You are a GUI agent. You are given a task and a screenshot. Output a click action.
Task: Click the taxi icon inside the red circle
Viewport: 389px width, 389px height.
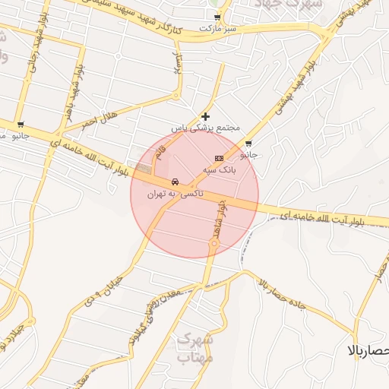click(x=176, y=182)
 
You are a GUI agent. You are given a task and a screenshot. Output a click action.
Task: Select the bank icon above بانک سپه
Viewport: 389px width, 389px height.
click(x=219, y=158)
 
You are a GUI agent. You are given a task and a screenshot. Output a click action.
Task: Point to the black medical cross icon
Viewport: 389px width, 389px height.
click(x=205, y=116)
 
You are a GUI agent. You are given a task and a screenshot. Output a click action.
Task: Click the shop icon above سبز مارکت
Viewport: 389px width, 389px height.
click(x=218, y=17)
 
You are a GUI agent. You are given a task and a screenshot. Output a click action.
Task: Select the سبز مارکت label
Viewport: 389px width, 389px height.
click(x=219, y=28)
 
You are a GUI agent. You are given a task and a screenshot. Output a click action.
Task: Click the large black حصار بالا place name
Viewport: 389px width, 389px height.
click(x=367, y=351)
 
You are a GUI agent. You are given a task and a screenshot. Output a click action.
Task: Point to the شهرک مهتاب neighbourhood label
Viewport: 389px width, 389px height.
click(x=193, y=348)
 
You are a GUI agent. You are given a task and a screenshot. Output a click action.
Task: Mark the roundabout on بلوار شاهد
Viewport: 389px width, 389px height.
click(x=214, y=244)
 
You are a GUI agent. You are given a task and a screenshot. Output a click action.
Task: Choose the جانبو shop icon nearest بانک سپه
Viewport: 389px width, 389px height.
click(x=248, y=143)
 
